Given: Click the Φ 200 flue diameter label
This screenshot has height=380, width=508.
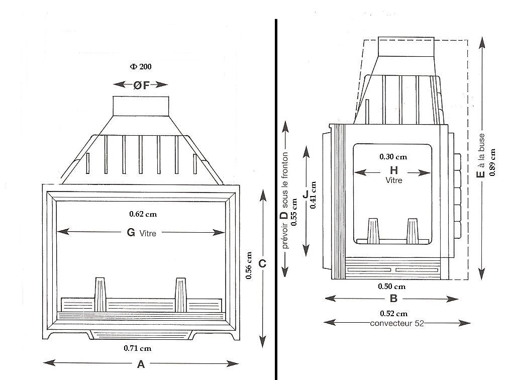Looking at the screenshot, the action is [141, 67].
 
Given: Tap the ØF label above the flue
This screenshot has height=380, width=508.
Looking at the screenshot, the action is [141, 85].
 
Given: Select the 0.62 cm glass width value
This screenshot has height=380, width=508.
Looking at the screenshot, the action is [143, 214].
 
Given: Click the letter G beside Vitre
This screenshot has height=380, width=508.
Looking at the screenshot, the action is [131, 232].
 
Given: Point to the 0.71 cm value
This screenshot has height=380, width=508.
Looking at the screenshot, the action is [137, 348].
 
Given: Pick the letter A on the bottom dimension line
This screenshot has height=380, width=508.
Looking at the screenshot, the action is [141, 364].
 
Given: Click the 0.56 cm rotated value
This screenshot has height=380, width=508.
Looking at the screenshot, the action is [249, 265].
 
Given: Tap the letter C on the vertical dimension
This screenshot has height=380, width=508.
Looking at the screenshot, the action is [262, 264].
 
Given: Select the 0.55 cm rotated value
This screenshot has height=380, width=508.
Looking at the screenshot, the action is [294, 212].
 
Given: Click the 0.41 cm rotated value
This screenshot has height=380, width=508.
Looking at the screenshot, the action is [313, 195].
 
